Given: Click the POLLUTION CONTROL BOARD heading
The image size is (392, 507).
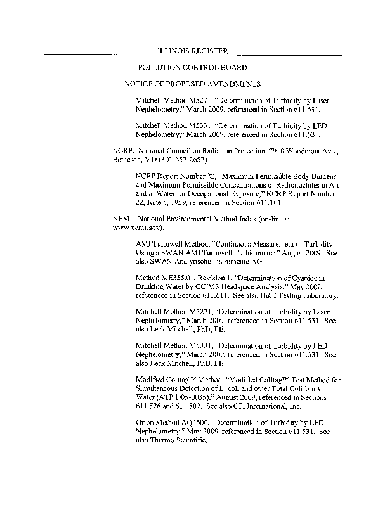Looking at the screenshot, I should pyautogui.click(x=192, y=67).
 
